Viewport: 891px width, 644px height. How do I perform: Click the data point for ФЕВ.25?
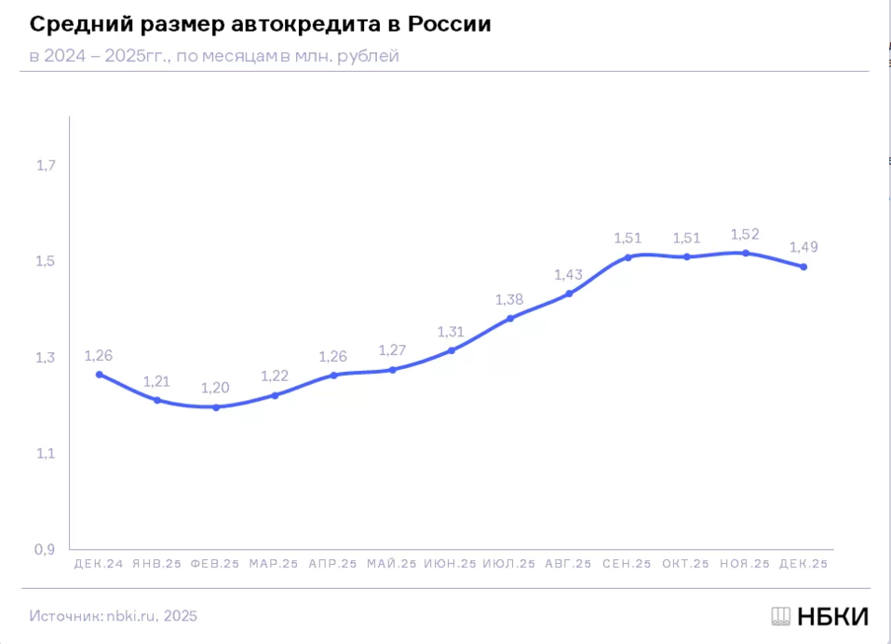tap(216, 407)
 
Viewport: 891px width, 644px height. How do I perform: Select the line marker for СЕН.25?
tap(628, 257)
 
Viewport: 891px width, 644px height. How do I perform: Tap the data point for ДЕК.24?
tap(99, 375)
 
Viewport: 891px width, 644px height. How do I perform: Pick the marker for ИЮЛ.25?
tap(509, 319)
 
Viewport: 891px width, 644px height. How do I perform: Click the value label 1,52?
tap(745, 235)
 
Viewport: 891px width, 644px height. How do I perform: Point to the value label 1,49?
tap(803, 248)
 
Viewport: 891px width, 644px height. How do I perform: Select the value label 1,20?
tap(216, 388)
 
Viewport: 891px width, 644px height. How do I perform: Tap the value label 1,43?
tap(568, 275)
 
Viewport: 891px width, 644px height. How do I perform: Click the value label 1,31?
tap(451, 332)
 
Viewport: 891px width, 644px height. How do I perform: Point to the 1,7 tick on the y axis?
tap(47, 166)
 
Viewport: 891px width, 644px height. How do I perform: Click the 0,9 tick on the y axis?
tap(47, 550)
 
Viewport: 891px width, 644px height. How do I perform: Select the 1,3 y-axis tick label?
tap(47, 358)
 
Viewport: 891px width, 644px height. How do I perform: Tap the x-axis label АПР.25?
tap(332, 564)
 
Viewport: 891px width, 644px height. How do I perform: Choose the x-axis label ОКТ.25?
tap(685, 564)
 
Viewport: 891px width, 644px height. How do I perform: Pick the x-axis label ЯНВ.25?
tap(156, 564)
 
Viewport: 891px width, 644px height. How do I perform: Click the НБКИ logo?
tap(819, 616)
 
